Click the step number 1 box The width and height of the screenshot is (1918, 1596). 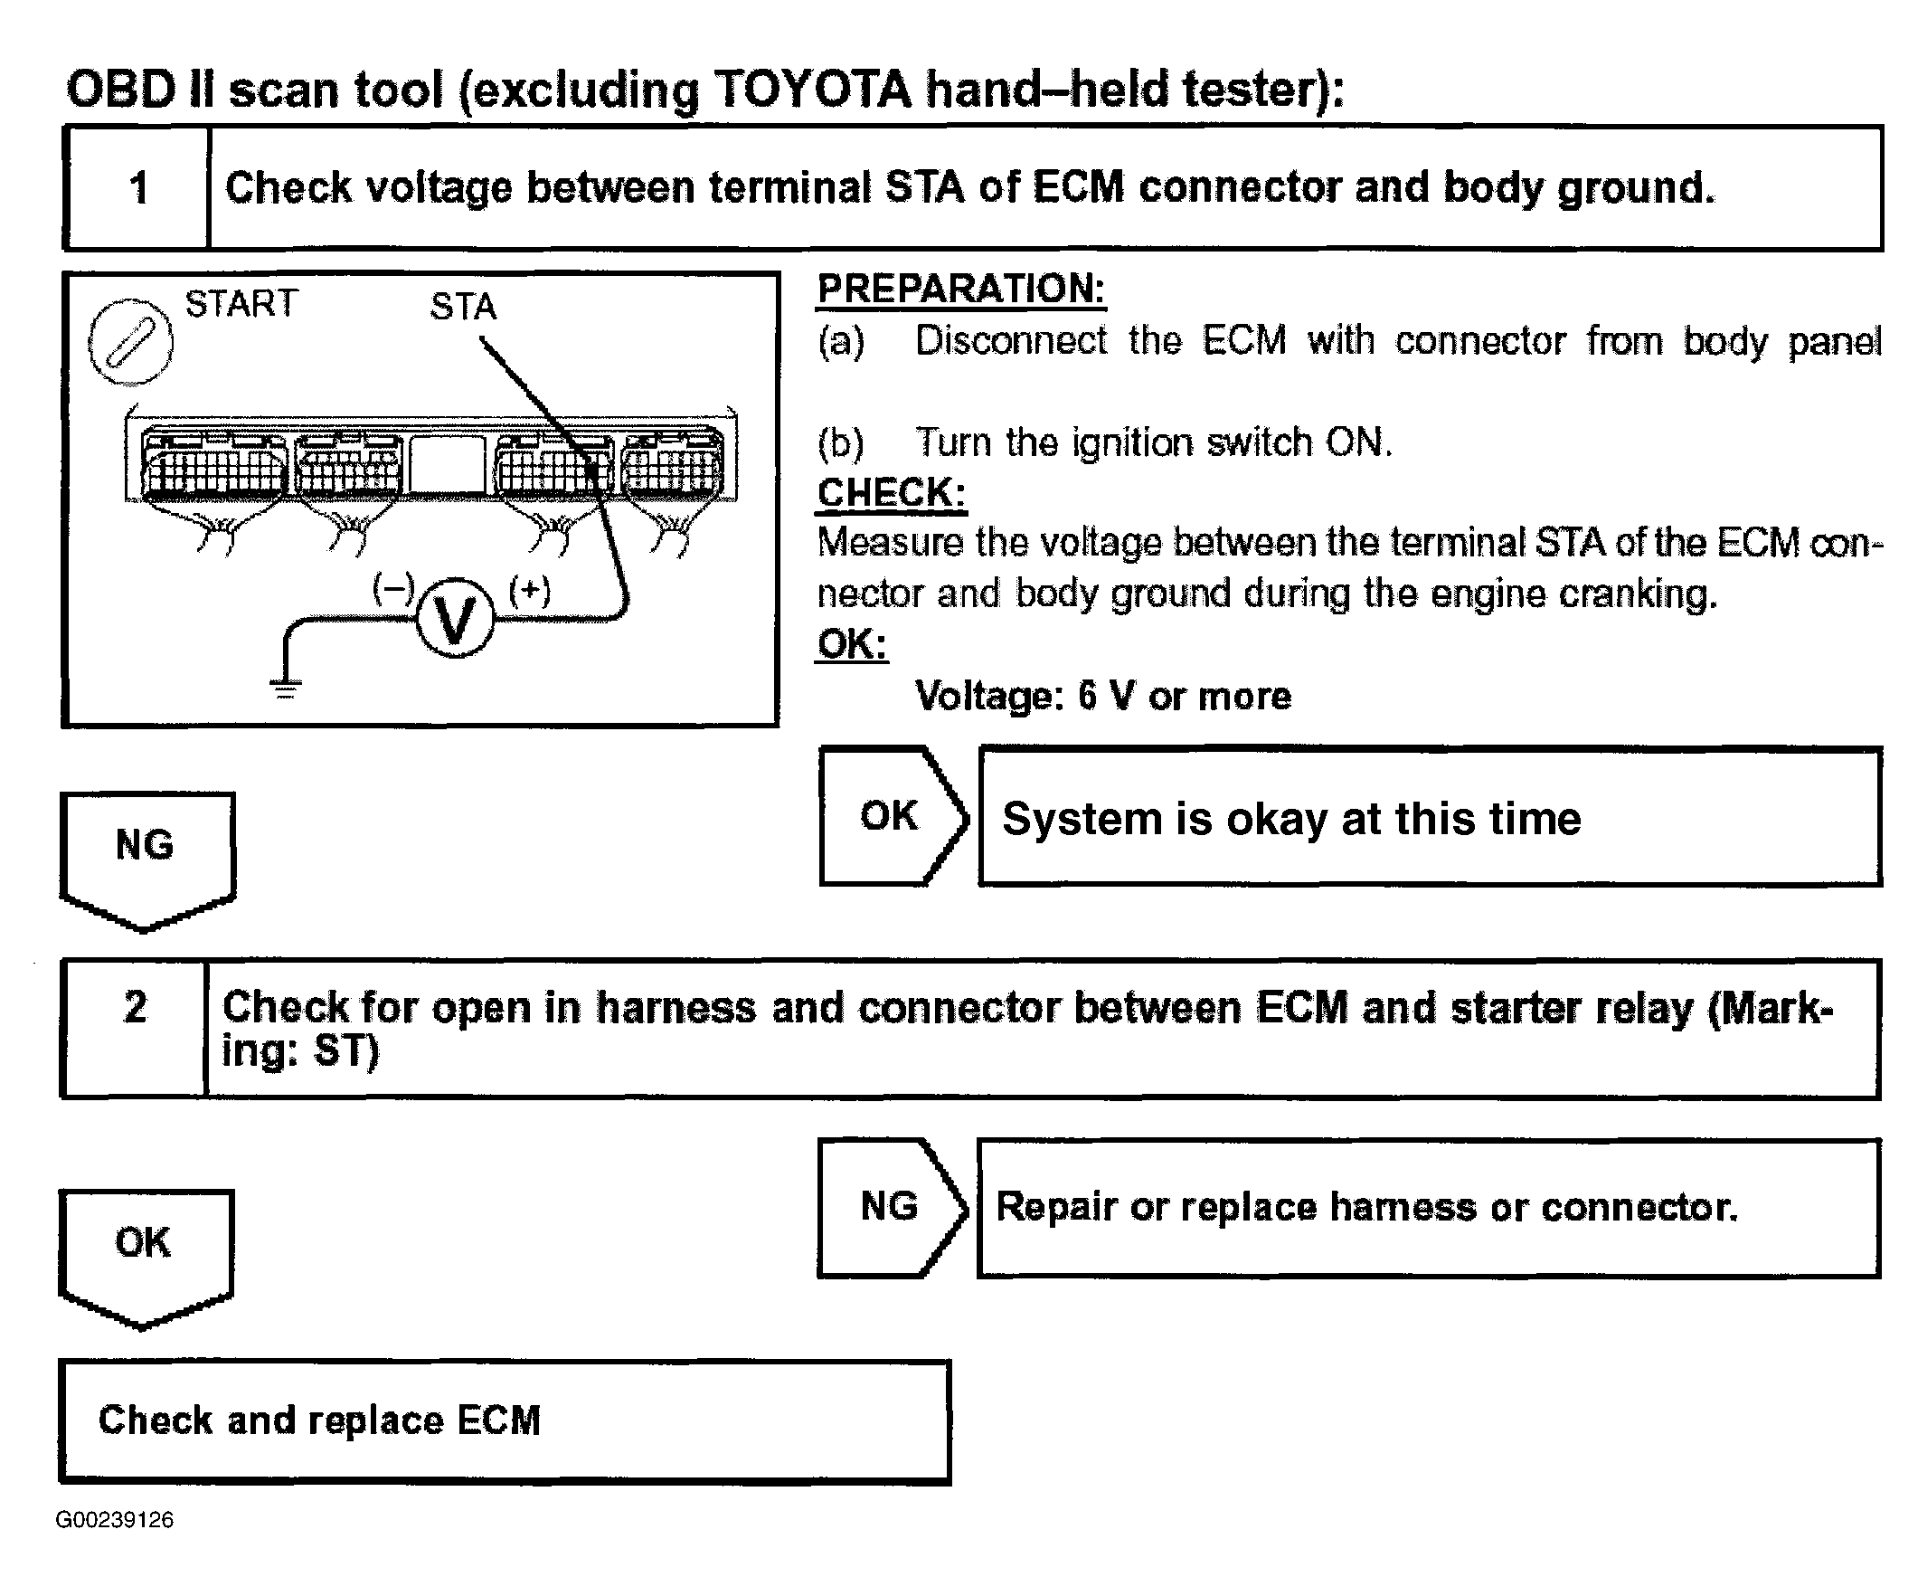pyautogui.click(x=137, y=188)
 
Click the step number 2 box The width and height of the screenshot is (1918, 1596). pyautogui.click(x=134, y=1027)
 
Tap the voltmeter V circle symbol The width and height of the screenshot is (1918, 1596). pyautogui.click(x=455, y=620)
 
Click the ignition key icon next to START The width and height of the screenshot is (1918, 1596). pyautogui.click(x=130, y=342)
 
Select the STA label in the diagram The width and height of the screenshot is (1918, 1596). pyautogui.click(x=463, y=307)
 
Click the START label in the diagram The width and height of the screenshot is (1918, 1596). pyautogui.click(x=241, y=303)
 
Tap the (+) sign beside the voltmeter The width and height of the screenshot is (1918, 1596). pyautogui.click(x=530, y=591)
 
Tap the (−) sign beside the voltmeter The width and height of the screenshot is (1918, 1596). pyautogui.click(x=393, y=589)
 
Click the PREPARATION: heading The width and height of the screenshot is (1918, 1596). pyautogui.click(x=961, y=289)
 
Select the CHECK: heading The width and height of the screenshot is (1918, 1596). pyautogui.click(x=892, y=493)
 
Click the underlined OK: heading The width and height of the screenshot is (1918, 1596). pyautogui.click(x=851, y=644)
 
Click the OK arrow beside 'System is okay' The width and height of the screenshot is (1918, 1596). pyautogui.click(x=892, y=816)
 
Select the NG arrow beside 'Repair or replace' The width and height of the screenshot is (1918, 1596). pyautogui.click(x=891, y=1206)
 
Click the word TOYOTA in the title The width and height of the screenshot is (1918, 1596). pyautogui.click(x=812, y=90)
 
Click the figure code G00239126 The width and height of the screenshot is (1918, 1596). pyautogui.click(x=114, y=1519)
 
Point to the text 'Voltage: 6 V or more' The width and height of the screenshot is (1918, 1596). pyautogui.click(x=1103, y=696)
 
